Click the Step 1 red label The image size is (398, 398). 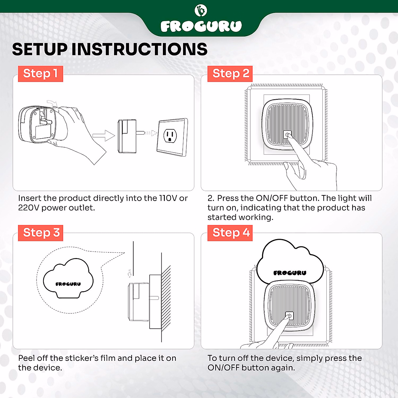tap(40, 74)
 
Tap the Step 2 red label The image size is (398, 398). tap(230, 74)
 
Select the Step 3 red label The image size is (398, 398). tap(40, 233)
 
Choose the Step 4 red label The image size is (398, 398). tap(230, 233)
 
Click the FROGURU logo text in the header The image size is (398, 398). tap(201, 26)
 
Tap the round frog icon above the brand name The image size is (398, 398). tap(201, 10)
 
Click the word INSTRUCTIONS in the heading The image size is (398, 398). tap(139, 49)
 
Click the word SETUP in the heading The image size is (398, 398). tap(40, 49)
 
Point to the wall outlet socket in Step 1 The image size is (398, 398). tap(170, 136)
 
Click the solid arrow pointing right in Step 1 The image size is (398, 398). tap(104, 136)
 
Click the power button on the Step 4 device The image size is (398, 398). tap(290, 316)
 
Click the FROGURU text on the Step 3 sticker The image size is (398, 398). tap(68, 284)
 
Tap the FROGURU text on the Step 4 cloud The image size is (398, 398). tap(290, 273)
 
